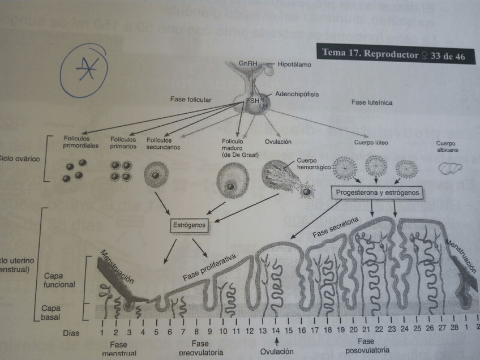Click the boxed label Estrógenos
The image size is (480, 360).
point(186,226)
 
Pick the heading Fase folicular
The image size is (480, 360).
point(191,100)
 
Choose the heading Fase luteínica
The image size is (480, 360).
point(371,103)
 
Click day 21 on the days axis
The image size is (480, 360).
point(366,329)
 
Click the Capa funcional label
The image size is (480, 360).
point(59,280)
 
